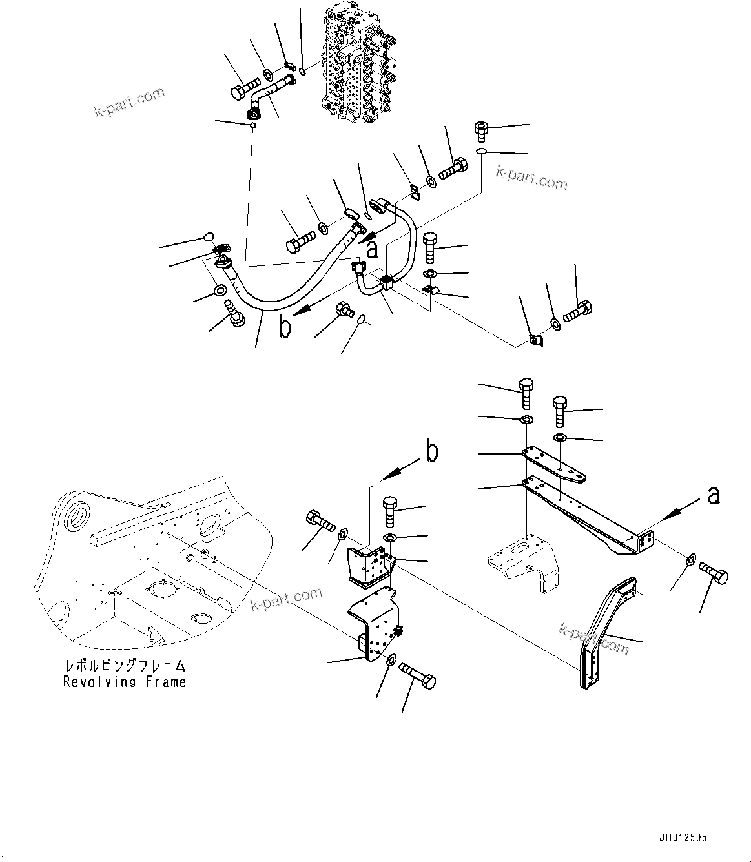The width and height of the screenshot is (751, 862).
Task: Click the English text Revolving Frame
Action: point(125,682)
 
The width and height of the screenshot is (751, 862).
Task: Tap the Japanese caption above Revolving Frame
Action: point(125,665)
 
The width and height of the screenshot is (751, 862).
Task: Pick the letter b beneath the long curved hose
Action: point(285,327)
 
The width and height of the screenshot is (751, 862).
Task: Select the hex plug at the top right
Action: point(482,130)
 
